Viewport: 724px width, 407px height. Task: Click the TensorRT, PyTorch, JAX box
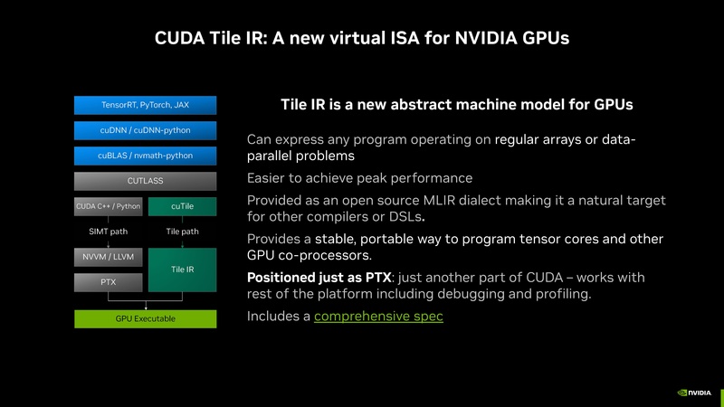145,105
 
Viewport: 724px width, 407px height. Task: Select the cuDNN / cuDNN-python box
145,130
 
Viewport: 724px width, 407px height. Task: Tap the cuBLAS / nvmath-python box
145,156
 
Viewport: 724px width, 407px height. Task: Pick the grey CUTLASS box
145,181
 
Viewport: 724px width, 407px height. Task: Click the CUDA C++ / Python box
108,206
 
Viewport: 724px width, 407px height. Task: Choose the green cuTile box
182,206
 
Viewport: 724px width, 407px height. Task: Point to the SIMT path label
108,232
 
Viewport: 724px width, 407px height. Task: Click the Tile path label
182,232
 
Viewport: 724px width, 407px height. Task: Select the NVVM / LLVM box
108,258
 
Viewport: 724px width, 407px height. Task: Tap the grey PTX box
108,282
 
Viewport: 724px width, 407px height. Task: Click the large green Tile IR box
182,270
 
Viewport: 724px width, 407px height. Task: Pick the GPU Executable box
145,318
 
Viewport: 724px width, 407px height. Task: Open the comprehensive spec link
378,317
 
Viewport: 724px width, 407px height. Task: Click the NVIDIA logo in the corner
695,393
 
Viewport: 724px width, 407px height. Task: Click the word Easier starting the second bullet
270,178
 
